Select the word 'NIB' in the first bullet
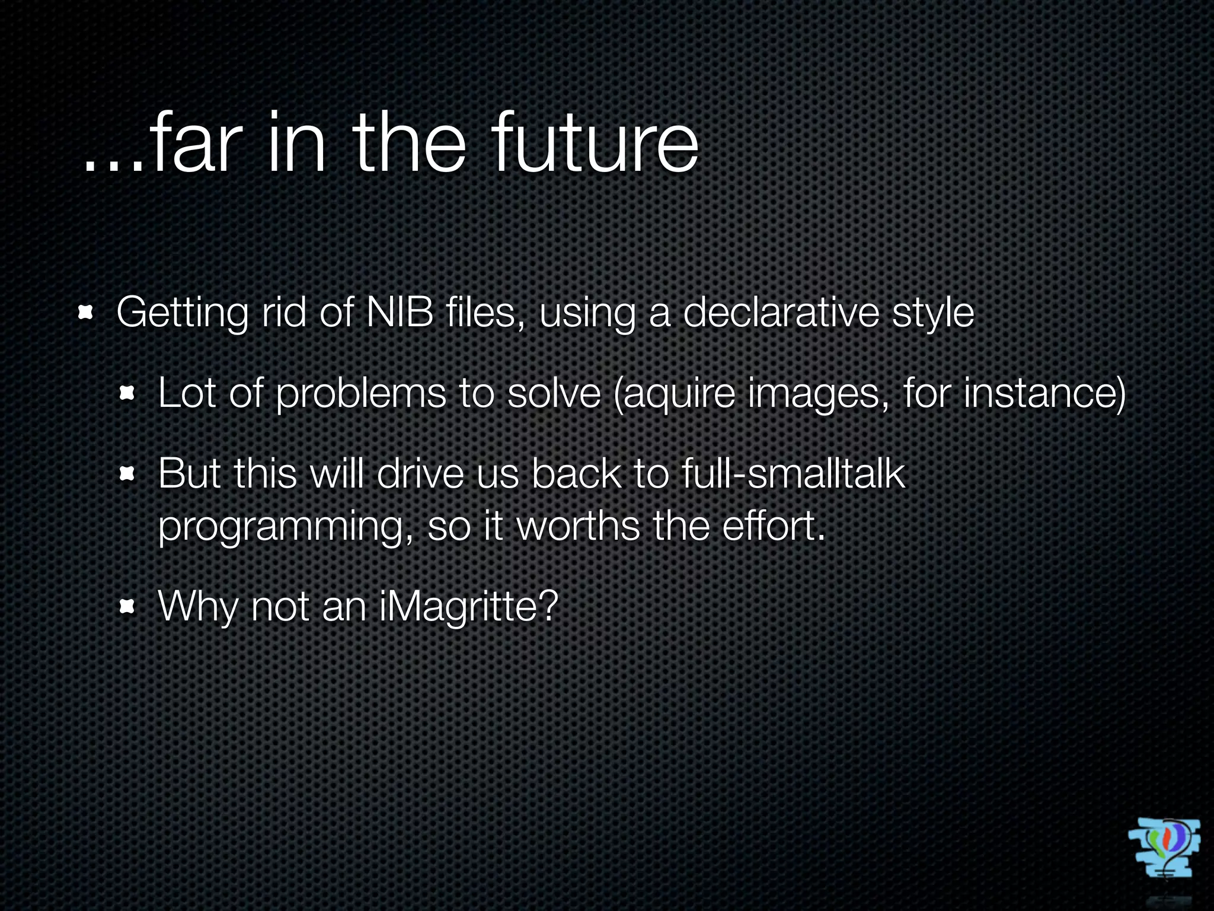click(x=400, y=312)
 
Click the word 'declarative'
click(x=780, y=312)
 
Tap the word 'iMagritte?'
click(x=468, y=607)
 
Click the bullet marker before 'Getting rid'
click(x=87, y=312)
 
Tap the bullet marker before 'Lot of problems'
click(x=128, y=393)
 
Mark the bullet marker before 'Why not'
click(x=128, y=606)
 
